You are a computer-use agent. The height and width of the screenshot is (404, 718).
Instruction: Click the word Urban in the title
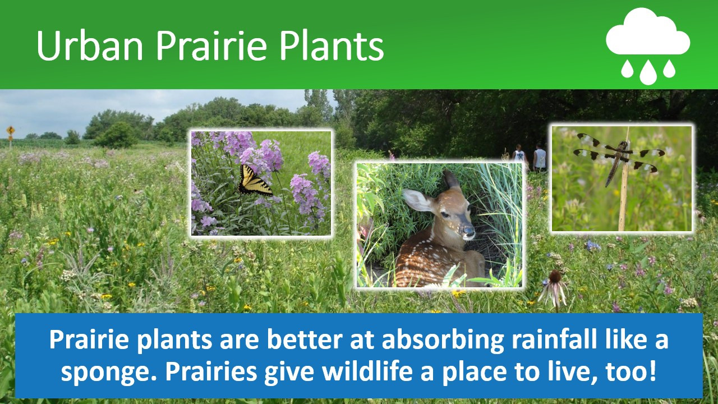pyautogui.click(x=90, y=45)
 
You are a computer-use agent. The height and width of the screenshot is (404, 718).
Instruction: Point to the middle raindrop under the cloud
pyautogui.click(x=648, y=72)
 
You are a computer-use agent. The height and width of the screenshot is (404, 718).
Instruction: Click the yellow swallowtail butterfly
pyautogui.click(x=254, y=181)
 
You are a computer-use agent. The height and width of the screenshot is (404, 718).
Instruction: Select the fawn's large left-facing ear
pyautogui.click(x=418, y=200)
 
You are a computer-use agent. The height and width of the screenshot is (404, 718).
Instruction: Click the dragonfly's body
pyautogui.click(x=615, y=163)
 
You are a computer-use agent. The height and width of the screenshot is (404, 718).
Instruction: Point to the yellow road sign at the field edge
pyautogui.click(x=11, y=131)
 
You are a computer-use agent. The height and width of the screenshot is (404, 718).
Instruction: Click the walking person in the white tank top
pyautogui.click(x=519, y=157)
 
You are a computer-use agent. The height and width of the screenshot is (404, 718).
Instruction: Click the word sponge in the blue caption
pyautogui.click(x=109, y=372)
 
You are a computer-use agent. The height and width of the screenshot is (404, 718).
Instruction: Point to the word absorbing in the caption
pyautogui.click(x=443, y=341)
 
